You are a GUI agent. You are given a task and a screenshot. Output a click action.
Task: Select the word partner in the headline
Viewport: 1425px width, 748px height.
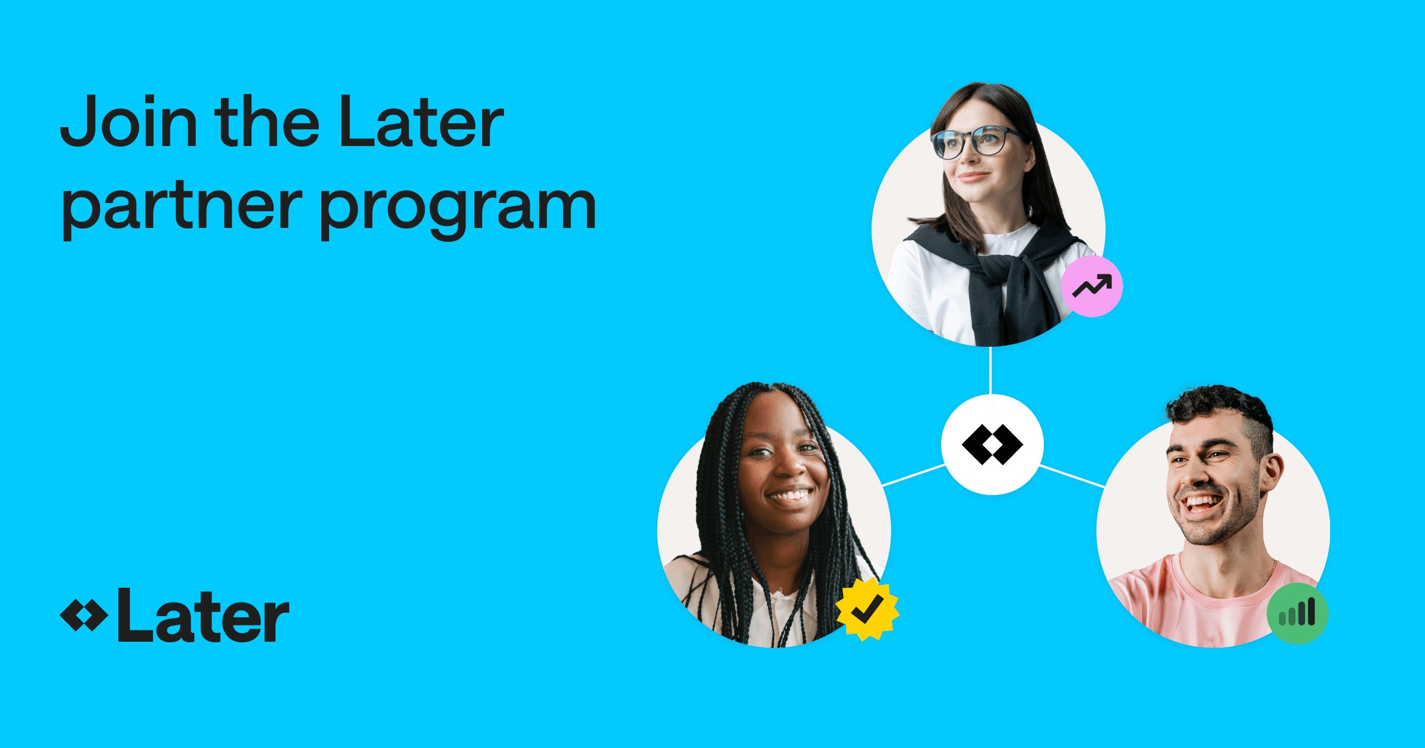181,208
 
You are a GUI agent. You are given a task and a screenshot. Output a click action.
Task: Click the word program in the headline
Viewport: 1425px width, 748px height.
457,208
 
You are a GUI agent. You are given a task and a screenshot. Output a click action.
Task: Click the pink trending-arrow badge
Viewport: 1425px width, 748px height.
1091,286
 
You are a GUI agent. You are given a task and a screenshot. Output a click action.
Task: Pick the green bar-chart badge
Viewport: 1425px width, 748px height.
1297,613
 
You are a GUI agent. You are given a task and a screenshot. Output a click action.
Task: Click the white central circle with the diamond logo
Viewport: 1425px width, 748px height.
992,444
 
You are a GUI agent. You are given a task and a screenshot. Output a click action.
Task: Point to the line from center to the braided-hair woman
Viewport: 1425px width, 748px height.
914,475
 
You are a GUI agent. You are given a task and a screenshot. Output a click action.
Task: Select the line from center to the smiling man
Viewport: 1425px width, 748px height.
1072,477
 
